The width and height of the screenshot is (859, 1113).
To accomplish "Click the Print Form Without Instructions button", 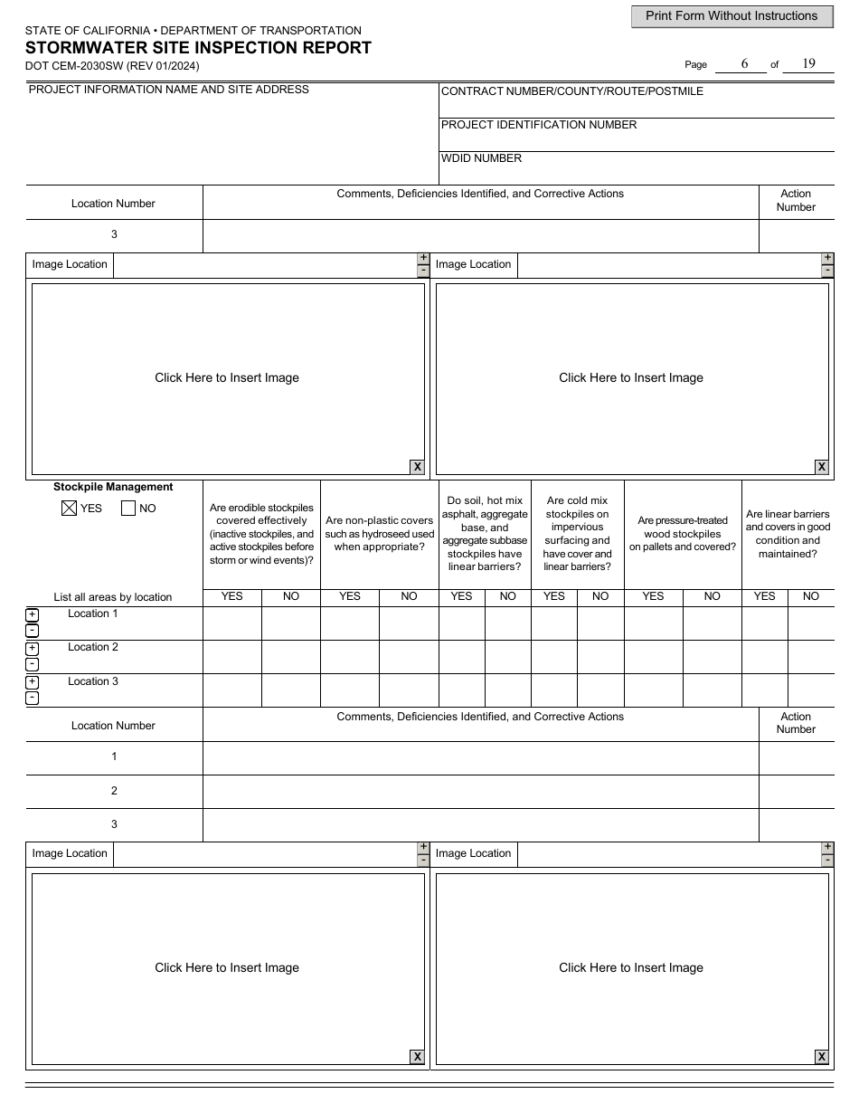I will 732,16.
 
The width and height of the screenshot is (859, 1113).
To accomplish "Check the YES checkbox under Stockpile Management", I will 69,509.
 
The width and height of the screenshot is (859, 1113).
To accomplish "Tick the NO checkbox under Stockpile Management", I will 128,509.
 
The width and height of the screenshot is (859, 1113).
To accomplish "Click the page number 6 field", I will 744,63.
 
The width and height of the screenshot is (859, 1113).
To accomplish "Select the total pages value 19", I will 808,63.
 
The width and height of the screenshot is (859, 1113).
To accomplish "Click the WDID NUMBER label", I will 481,158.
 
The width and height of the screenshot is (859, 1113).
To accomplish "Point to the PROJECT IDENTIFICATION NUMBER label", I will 539,125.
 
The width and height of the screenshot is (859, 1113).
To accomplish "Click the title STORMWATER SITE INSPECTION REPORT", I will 198,48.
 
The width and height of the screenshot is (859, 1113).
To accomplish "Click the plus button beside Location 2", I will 32,649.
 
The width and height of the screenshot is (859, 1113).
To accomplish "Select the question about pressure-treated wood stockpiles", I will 683,534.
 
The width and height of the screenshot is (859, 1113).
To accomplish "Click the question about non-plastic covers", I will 380,534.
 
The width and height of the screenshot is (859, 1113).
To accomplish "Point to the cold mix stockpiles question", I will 577,534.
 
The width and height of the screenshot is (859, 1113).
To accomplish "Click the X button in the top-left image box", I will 417,467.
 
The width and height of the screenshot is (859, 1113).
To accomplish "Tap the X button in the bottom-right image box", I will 821,1057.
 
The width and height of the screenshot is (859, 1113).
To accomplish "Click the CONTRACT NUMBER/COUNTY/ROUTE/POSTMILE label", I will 571,91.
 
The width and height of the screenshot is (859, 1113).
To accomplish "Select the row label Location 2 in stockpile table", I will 93,647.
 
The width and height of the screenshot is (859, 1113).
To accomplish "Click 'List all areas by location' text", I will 113,597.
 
